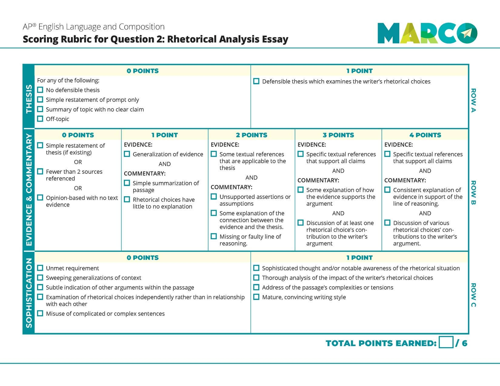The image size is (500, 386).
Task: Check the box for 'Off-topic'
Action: [x=40, y=119]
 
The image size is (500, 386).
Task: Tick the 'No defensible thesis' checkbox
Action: [x=40, y=90]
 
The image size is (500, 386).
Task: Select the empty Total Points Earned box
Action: [x=446, y=343]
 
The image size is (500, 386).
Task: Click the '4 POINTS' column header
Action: [x=425, y=135]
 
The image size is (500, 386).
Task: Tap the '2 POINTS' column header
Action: [x=252, y=135]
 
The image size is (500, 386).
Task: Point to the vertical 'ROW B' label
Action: [x=473, y=193]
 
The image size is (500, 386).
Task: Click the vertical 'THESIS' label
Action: [x=29, y=99]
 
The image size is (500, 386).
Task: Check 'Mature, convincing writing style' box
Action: [x=256, y=297]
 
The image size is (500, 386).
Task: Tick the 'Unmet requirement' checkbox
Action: [x=40, y=268]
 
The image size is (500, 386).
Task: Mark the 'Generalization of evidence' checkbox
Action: [x=127, y=154]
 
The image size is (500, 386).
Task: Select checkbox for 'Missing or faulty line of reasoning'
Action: [x=214, y=236]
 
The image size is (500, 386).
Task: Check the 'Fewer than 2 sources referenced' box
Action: [x=40, y=171]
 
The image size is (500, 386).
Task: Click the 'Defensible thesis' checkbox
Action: [x=256, y=81]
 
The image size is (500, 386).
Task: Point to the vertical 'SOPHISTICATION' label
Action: [x=29, y=293]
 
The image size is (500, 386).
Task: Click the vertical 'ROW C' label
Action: [x=473, y=295]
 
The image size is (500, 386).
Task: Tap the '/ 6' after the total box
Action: [x=462, y=343]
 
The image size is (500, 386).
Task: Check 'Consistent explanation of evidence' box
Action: [x=387, y=190]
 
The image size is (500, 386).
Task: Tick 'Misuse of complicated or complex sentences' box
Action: [x=40, y=313]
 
